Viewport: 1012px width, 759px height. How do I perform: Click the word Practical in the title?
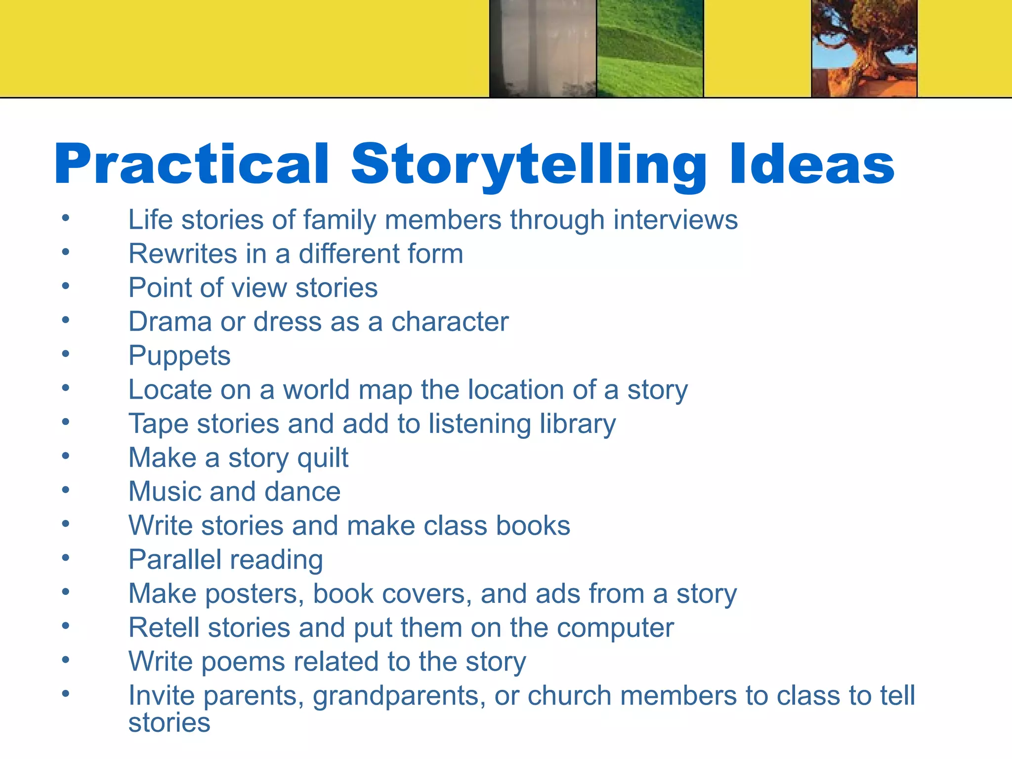192,164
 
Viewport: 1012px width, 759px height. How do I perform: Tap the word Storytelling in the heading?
529,164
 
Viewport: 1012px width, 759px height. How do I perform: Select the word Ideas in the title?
811,164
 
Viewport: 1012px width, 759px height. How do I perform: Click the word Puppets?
179,356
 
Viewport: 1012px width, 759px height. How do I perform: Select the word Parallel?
175,560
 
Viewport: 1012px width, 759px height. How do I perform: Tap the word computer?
615,628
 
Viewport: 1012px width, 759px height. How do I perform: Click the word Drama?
170,322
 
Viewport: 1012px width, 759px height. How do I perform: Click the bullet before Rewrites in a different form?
66,253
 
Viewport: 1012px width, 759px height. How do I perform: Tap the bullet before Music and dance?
66,490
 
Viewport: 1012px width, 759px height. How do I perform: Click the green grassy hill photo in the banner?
649,48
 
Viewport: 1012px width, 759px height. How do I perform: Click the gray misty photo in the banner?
543,48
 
